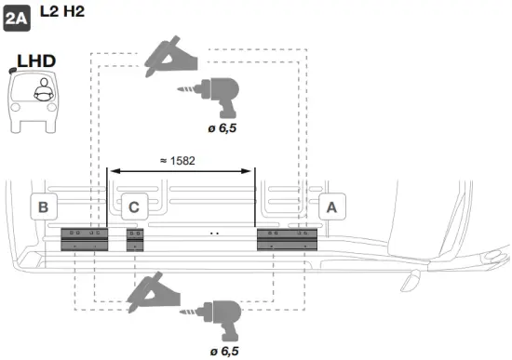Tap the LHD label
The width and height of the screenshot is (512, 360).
(x=36, y=60)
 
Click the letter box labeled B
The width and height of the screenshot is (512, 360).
(x=43, y=207)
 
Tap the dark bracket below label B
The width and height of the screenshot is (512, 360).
(x=85, y=239)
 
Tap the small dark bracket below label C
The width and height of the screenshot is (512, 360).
(x=136, y=239)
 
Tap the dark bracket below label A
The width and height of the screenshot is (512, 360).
(x=287, y=239)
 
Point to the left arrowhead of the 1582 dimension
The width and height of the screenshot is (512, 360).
(x=112, y=170)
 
